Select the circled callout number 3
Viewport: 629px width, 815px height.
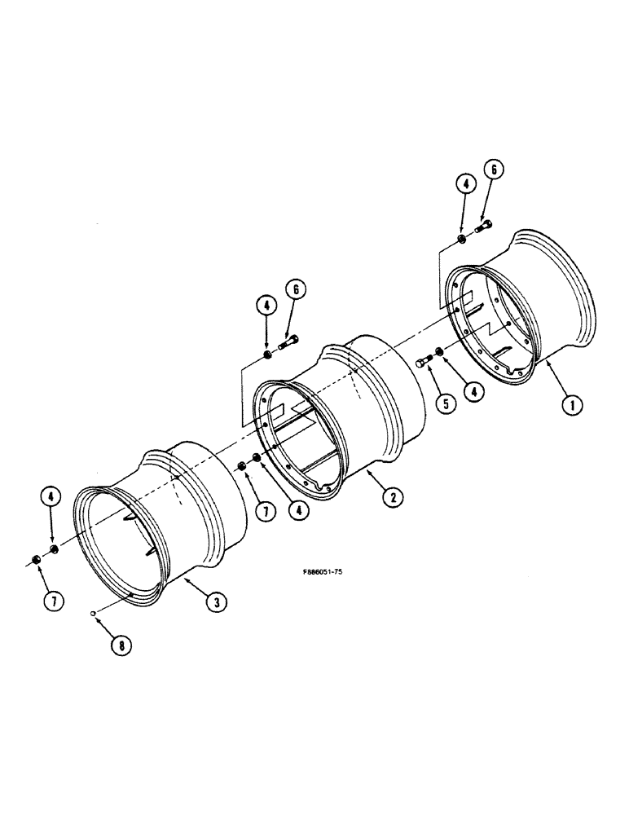[215, 602]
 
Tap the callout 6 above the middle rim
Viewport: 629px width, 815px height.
[295, 289]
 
